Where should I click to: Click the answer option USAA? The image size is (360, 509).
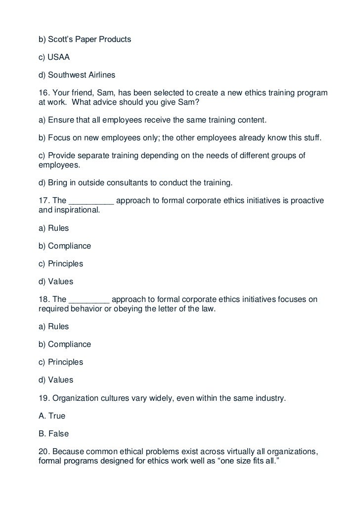point(54,57)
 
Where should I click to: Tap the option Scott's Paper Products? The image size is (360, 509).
point(85,39)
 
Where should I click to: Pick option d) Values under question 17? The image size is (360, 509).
point(55,282)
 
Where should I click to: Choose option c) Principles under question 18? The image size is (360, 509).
point(60,362)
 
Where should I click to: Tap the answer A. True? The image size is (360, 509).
point(52,416)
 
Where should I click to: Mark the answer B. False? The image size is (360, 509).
point(53,433)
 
